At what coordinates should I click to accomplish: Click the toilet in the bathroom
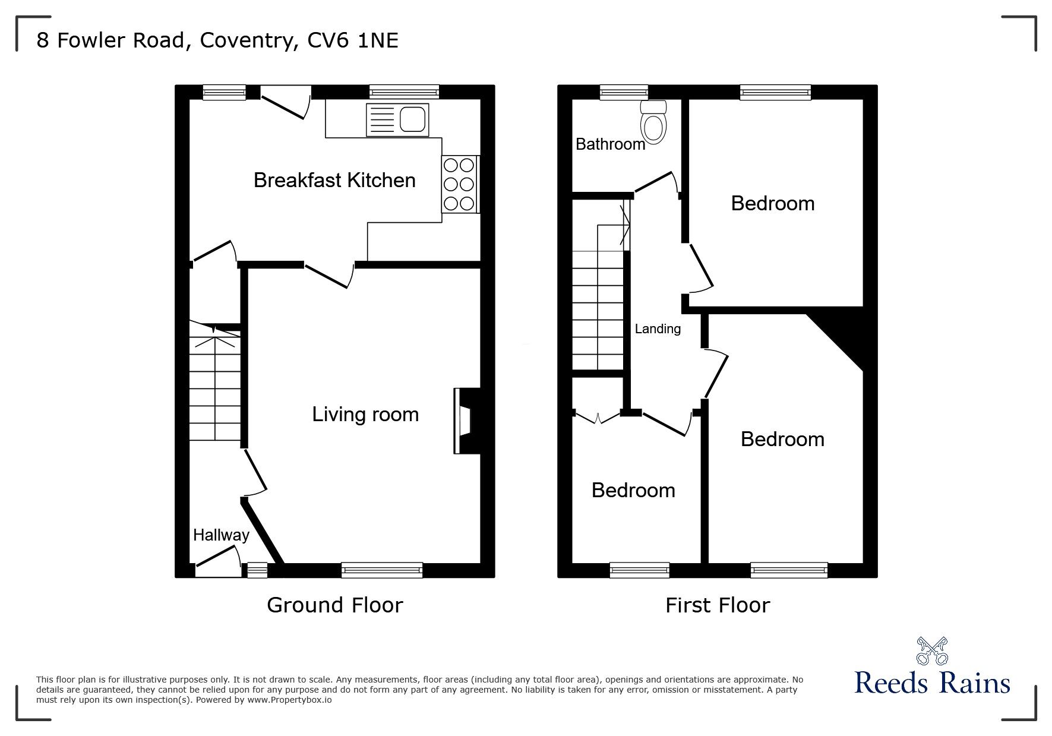[x=653, y=123]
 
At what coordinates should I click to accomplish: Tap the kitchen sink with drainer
[x=397, y=119]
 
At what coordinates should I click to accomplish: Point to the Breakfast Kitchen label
[x=334, y=181]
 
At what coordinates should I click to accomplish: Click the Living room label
[x=365, y=415]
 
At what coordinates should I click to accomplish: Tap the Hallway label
[x=221, y=535]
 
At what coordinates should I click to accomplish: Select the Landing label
[x=658, y=329]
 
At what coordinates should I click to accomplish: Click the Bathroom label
[x=610, y=144]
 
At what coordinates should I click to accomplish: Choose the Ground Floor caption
[x=334, y=605]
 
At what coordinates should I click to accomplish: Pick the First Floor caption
[x=717, y=605]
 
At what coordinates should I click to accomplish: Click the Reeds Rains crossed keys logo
[x=931, y=651]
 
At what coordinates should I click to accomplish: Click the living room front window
[x=382, y=570]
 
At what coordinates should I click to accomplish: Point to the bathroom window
[x=624, y=92]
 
